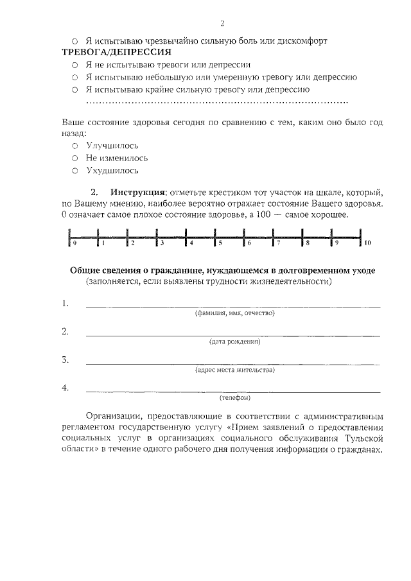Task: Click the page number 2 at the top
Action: pos(222,24)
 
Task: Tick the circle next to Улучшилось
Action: pos(74,146)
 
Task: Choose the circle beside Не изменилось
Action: pos(74,159)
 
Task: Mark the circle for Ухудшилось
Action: pos(74,171)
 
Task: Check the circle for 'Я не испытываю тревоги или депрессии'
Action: pos(74,65)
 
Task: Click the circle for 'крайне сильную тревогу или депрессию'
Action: pos(74,89)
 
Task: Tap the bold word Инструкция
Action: pos(137,192)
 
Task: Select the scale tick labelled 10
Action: pos(361,238)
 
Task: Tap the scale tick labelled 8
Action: pos(302,238)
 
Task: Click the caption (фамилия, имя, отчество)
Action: pos(234,313)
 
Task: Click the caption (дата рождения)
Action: pos(234,342)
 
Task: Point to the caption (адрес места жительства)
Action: pos(234,370)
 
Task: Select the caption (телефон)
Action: pos(234,398)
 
